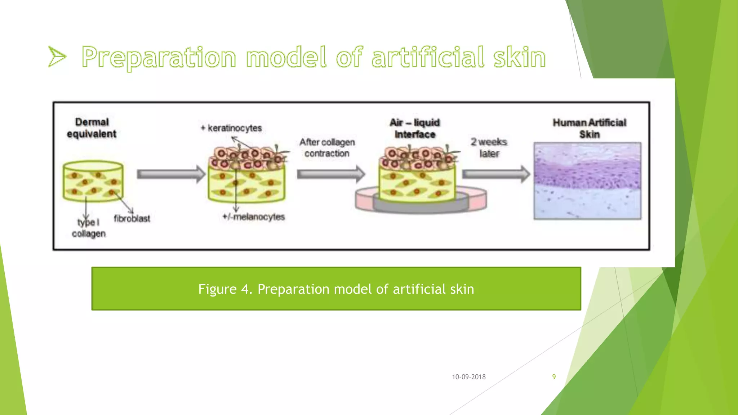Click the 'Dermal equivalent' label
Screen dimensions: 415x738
[x=92, y=128]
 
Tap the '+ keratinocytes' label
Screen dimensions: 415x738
[x=231, y=128]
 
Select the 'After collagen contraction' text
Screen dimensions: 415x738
[x=327, y=148]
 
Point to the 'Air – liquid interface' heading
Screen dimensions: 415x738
[x=415, y=128]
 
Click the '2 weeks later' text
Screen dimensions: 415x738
[x=489, y=148]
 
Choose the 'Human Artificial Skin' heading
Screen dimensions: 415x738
[x=590, y=128]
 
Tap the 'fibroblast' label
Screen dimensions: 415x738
[x=132, y=219]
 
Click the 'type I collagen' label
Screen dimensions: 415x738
[x=89, y=228]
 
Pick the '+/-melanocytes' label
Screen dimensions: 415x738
[x=254, y=217]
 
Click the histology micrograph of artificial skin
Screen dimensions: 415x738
[x=587, y=181]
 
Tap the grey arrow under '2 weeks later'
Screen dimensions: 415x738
[x=496, y=174]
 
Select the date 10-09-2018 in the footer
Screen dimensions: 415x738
[x=469, y=377]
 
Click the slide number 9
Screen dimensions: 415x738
[x=554, y=377]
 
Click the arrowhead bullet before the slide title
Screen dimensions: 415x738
[x=57, y=57]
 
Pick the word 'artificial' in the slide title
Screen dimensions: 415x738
[x=428, y=58]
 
